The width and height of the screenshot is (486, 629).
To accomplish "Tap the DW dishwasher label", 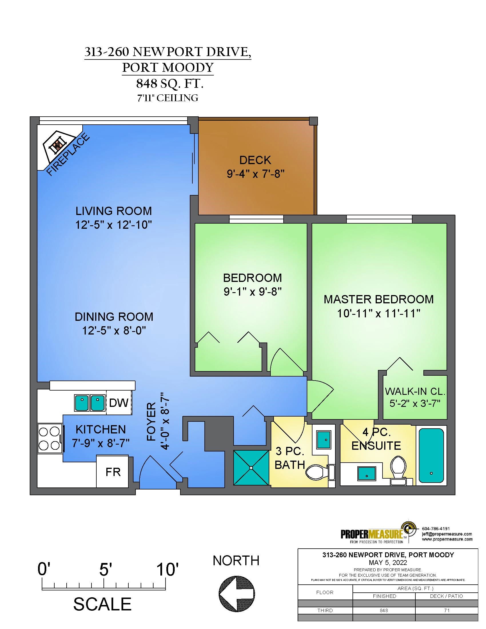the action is coord(119,403).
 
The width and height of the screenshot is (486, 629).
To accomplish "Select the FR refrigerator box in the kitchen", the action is coord(113,471).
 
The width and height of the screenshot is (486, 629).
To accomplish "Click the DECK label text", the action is coord(255,160).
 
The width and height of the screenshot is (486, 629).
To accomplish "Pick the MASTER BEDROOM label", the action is coord(379,299).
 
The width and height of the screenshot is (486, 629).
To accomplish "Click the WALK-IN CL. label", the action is coord(415,391).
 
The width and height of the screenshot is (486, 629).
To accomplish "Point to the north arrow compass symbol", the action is coord(237,594).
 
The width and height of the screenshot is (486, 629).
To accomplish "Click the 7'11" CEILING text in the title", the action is coord(168,98).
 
